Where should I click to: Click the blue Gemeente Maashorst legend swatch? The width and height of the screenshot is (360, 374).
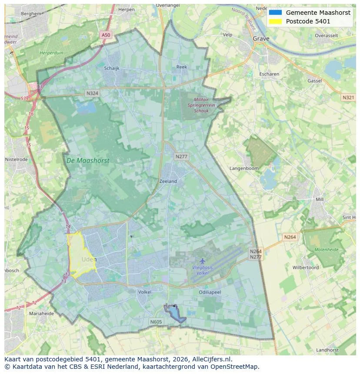[275, 13]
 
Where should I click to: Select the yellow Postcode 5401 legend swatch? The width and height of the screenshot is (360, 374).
[275, 21]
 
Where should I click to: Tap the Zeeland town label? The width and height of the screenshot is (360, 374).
[168, 181]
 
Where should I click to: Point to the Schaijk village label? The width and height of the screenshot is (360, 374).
[112, 68]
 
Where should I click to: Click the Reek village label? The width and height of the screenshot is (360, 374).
[181, 67]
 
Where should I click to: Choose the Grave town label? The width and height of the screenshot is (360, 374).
[261, 39]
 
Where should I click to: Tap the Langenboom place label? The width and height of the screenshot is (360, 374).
[244, 169]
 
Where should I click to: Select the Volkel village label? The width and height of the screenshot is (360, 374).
[144, 292]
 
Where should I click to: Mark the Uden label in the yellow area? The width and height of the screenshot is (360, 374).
[89, 259]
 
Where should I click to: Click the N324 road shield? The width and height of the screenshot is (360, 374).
[92, 93]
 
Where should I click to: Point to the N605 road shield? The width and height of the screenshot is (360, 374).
[156, 322]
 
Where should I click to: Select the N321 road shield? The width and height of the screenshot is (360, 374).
[348, 98]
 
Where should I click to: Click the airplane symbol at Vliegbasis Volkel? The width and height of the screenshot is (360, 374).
[203, 261]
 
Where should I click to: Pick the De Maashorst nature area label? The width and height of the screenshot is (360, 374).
[88, 161]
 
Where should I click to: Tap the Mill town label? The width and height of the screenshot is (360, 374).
[320, 199]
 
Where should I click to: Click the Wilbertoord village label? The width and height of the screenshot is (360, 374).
[305, 268]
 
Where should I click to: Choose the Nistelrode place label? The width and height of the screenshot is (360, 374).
[16, 159]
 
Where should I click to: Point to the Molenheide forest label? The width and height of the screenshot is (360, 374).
[327, 249]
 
